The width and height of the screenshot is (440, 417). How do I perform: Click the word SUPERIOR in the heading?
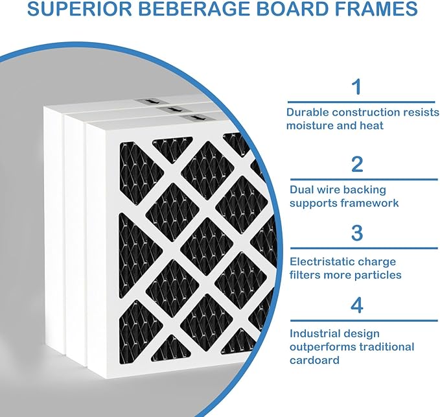80,8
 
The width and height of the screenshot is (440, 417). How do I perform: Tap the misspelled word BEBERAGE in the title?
194,8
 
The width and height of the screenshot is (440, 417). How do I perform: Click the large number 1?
357,87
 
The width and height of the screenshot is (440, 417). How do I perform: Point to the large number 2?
357,164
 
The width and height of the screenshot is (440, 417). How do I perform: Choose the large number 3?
357,233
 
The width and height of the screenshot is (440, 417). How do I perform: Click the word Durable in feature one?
308,112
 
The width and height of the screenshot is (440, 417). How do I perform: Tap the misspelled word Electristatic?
321,262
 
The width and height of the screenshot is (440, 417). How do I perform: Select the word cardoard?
314,360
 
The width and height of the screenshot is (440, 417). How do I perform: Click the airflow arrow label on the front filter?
194,118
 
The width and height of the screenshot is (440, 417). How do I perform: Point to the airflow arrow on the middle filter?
172,109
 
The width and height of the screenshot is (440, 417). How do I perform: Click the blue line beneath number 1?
361,102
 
